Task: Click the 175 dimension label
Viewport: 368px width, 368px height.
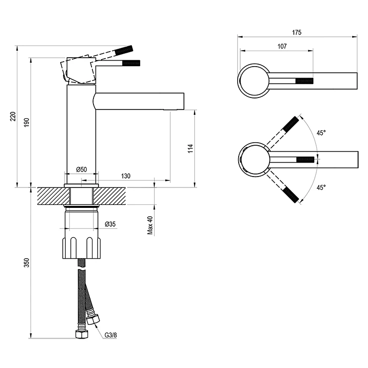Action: coord(297,32)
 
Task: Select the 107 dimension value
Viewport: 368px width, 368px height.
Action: coord(282,46)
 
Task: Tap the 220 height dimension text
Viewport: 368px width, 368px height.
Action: coord(13,116)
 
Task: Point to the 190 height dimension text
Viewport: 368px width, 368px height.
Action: coord(26,122)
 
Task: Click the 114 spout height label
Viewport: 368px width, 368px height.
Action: coord(190,149)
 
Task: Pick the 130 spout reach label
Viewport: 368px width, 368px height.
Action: coord(126,176)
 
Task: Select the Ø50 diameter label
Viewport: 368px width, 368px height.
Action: coord(82,169)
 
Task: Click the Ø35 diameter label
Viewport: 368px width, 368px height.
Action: coord(110,224)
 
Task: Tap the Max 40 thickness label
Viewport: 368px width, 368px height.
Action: coord(150,225)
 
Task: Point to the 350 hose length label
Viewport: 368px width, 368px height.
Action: coord(26,263)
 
